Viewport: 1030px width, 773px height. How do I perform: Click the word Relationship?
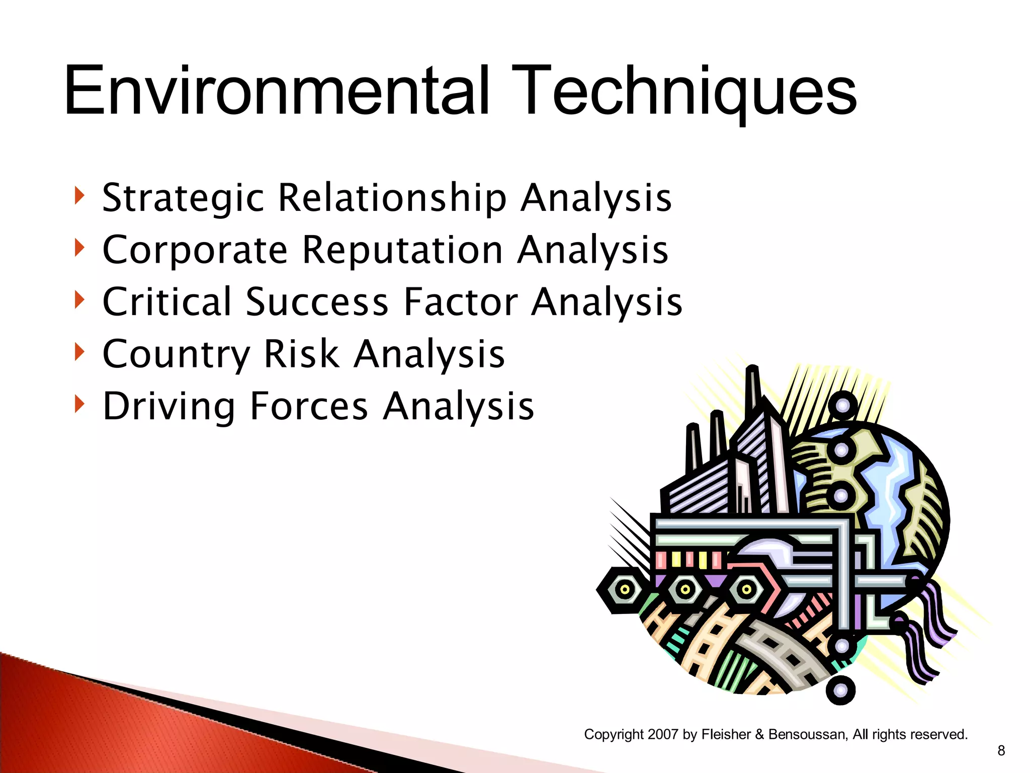click(x=392, y=198)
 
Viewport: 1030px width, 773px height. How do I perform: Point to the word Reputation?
click(x=402, y=250)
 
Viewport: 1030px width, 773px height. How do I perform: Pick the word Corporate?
click(x=195, y=250)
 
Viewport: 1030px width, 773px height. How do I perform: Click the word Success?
click(x=317, y=302)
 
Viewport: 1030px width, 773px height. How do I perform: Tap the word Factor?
click(x=460, y=302)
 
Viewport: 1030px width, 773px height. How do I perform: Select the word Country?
click(x=176, y=354)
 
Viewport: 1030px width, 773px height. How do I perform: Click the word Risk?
click(x=302, y=354)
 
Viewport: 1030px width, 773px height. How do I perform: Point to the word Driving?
click(x=169, y=407)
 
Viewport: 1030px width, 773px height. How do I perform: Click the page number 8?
click(x=1001, y=751)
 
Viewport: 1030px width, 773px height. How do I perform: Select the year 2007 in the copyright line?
click(x=663, y=734)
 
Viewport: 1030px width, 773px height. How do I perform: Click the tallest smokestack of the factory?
click(x=753, y=393)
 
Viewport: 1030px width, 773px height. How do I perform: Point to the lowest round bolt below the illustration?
click(x=840, y=690)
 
